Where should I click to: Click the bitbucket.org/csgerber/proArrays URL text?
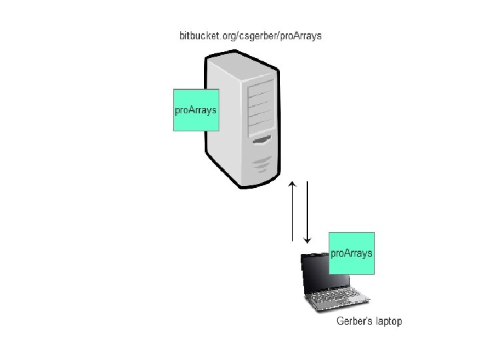[x=250, y=35]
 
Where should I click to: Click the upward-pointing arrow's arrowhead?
[x=292, y=183]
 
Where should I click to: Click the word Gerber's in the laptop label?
[x=353, y=322]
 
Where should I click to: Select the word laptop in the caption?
[x=388, y=322]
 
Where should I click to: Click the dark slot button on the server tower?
[x=262, y=141]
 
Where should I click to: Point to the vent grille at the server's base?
[x=262, y=163]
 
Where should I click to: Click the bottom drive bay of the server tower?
[x=261, y=127]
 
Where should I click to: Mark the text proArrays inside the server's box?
[x=196, y=110]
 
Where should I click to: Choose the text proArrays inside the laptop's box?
[x=352, y=253]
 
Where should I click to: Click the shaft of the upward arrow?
[x=292, y=213]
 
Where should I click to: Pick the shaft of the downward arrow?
[x=307, y=207]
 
